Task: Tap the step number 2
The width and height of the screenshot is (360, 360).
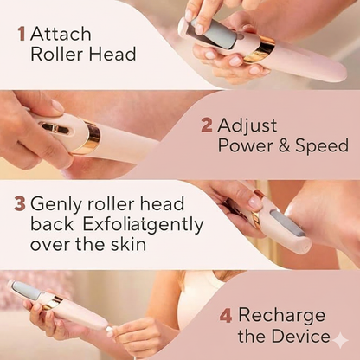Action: point(207,125)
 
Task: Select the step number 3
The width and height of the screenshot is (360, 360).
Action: point(19,204)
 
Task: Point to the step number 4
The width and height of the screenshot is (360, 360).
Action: point(226,315)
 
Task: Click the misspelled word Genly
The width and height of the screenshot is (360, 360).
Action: point(56,205)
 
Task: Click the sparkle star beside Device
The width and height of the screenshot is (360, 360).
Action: point(339,338)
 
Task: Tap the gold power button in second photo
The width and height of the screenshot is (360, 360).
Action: point(54,127)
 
